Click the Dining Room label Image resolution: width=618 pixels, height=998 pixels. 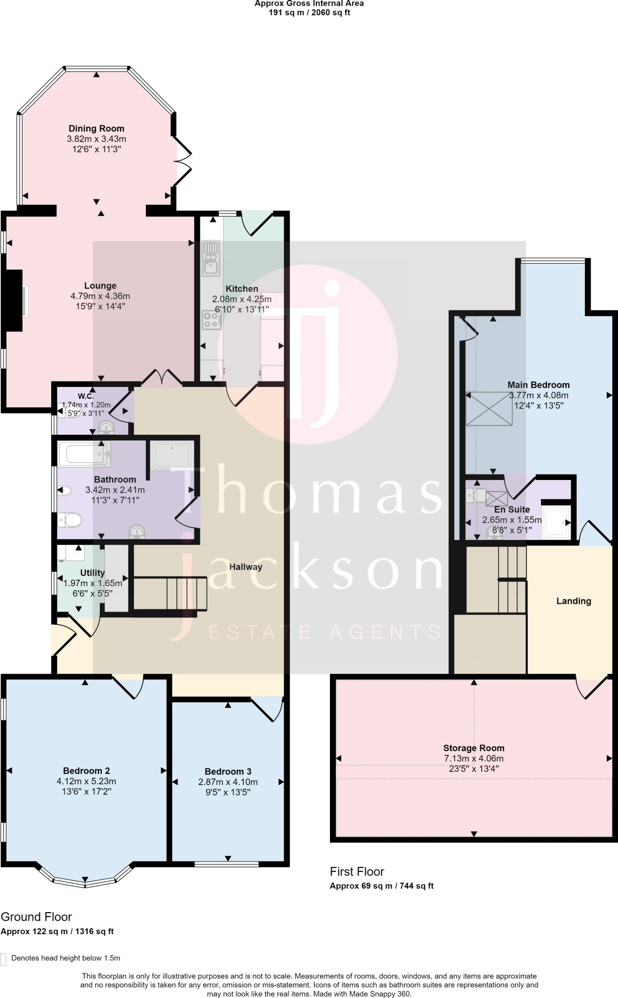click(x=96, y=129)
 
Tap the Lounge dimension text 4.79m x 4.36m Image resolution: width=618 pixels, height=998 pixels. click(x=100, y=296)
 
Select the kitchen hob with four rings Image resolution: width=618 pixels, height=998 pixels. click(x=212, y=320)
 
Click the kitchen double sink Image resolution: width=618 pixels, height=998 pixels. click(x=211, y=258)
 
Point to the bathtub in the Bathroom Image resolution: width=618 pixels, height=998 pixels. click(x=84, y=454)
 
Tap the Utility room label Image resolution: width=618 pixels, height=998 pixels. click(x=92, y=573)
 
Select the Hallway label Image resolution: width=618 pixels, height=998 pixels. click(x=246, y=567)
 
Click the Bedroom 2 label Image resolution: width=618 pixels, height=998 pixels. click(x=86, y=770)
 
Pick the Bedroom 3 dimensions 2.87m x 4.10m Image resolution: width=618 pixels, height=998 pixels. click(x=228, y=782)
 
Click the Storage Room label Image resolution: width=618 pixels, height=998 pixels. click(x=474, y=748)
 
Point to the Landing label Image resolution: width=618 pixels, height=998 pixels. click(x=574, y=601)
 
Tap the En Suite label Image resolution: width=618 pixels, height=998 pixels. click(x=512, y=510)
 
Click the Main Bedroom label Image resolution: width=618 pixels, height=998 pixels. click(x=539, y=385)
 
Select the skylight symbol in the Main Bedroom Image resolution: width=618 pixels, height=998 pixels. click(x=489, y=408)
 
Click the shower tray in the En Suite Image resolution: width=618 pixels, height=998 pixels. click(x=556, y=523)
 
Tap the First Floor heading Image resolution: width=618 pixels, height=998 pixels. click(x=357, y=871)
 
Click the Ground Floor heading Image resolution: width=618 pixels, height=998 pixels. click(x=36, y=917)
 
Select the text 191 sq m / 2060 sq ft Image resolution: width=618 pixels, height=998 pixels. click(x=309, y=13)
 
